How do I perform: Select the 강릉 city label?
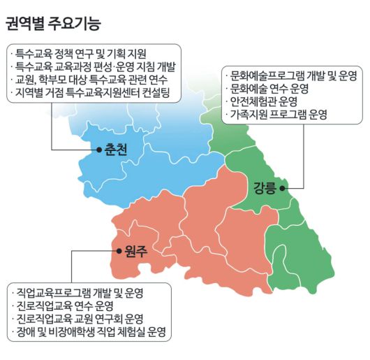click(x=266, y=187)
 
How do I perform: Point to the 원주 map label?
click(x=135, y=252)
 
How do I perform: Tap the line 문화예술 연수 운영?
click(x=269, y=87)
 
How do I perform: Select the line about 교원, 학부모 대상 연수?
click(x=91, y=79)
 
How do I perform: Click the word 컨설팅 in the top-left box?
click(x=156, y=92)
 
